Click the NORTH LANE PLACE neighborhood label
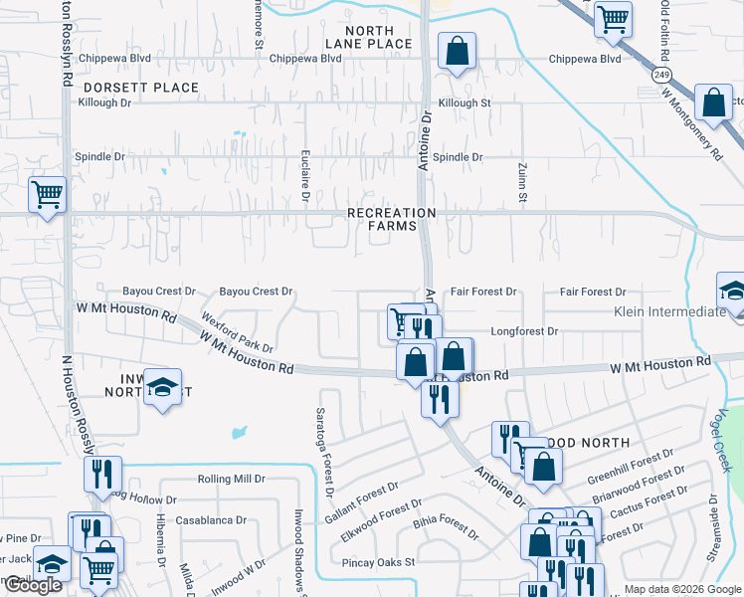368,36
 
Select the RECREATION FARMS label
391,220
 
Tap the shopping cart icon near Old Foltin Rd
613,18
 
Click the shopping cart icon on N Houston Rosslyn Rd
47,194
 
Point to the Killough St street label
465,103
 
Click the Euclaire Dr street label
305,178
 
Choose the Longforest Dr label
525,330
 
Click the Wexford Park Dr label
237,333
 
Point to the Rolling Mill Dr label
232,479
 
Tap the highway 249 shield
660,75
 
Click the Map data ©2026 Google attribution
681,589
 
